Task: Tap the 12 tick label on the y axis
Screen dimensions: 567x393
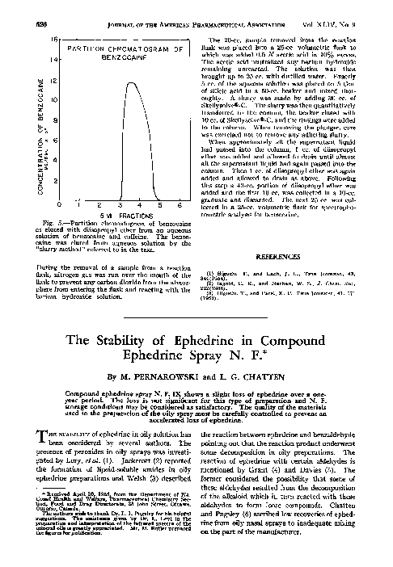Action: (54, 99)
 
